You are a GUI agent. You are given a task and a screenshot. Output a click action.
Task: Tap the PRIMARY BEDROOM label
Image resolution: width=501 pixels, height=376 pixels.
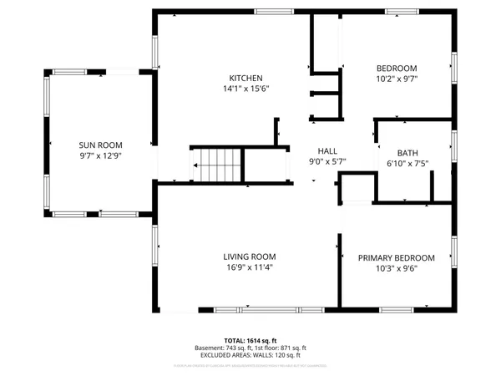tap(397, 257)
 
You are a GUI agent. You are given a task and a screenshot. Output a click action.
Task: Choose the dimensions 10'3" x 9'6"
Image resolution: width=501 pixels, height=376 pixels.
tap(397, 269)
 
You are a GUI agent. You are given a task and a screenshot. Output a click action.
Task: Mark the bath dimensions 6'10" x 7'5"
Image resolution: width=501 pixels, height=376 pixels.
tap(407, 164)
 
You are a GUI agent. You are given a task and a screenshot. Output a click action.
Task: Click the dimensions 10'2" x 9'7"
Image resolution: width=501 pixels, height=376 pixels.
tap(396, 80)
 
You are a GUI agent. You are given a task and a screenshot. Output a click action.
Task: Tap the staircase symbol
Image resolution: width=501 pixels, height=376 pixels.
tap(220, 165)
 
